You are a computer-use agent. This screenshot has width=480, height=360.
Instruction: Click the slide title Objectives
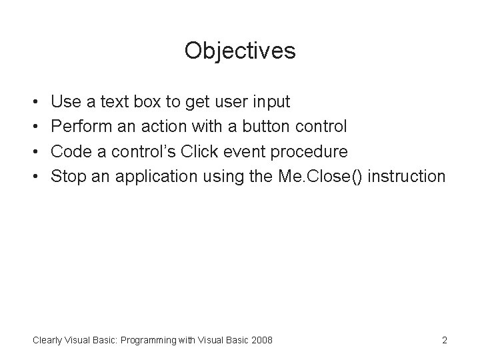point(240,51)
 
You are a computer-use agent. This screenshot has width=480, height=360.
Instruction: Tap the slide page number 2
point(444,341)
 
